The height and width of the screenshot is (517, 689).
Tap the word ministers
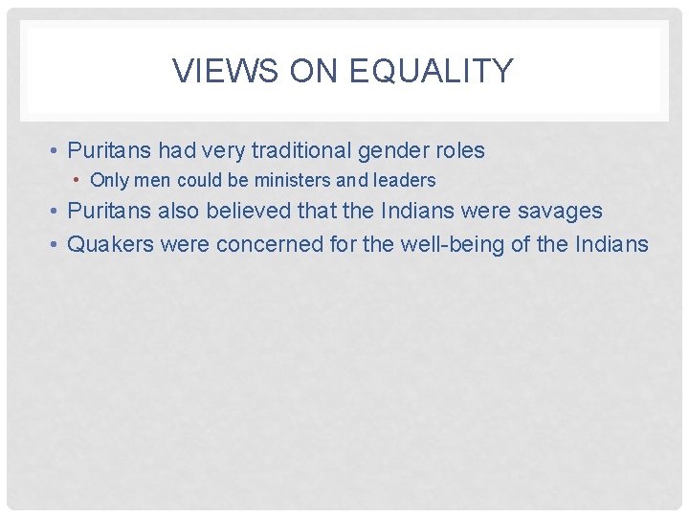293,180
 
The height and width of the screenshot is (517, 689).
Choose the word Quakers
112,244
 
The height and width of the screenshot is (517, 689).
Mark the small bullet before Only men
78,180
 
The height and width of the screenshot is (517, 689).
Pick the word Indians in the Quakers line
612,244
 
